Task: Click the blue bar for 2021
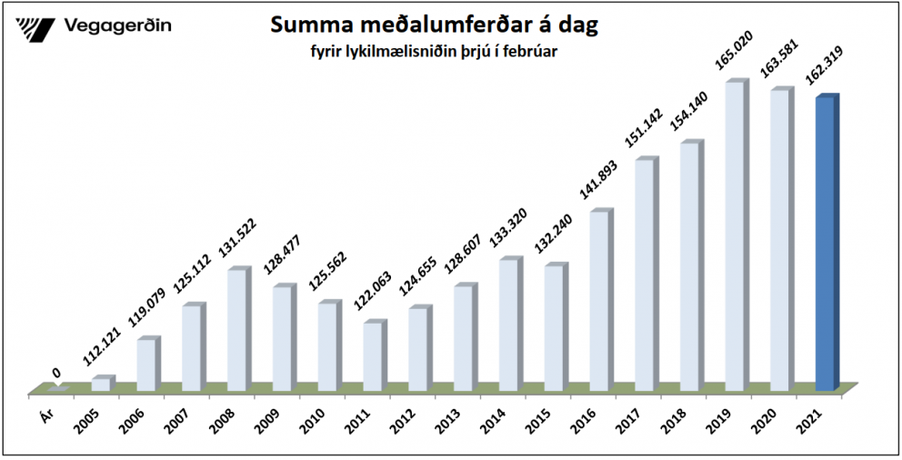pos(826,244)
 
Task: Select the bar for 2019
pos(736,236)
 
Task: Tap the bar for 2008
pos(237,330)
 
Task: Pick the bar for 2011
pos(373,356)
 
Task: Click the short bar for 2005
pos(102,385)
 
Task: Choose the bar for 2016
pos(599,301)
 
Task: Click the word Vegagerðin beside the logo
pos(119,26)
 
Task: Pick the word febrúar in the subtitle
pos(529,53)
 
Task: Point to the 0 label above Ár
pos(56,373)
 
